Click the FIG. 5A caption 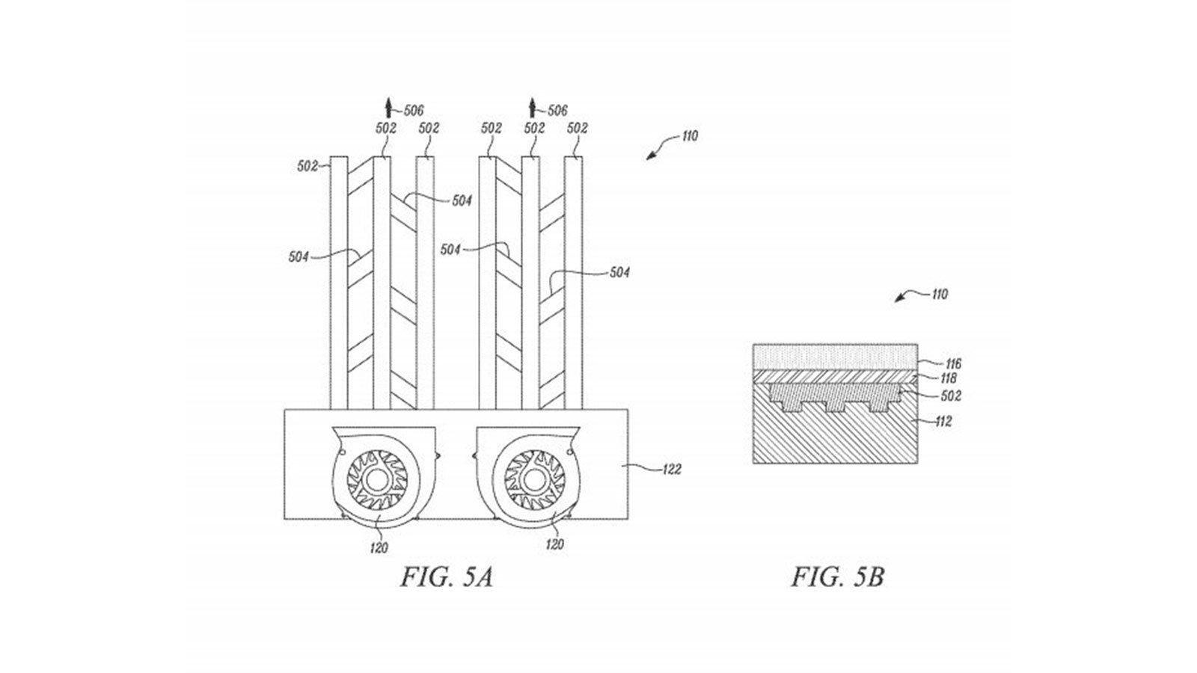click(x=447, y=577)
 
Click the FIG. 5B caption click(x=837, y=577)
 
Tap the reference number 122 click(x=672, y=470)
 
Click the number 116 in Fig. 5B click(x=953, y=364)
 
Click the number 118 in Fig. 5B click(x=949, y=378)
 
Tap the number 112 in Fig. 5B click(x=943, y=422)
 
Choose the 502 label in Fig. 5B click(x=951, y=396)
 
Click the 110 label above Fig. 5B click(x=940, y=295)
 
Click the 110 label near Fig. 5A click(x=689, y=136)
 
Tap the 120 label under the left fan click(x=379, y=547)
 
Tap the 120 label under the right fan click(x=554, y=544)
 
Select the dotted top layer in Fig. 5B click(x=835, y=357)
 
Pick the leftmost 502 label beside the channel click(x=307, y=167)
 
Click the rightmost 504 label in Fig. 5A click(x=619, y=272)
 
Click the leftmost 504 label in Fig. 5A click(x=299, y=257)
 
